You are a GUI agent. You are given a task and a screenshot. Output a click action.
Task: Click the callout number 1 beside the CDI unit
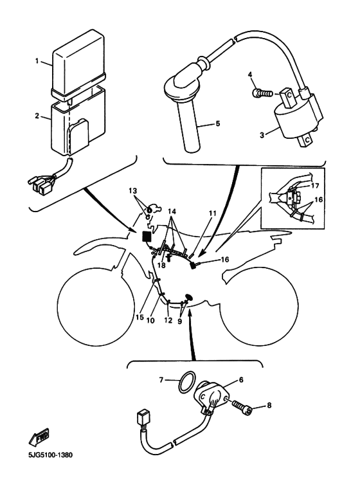[37, 61]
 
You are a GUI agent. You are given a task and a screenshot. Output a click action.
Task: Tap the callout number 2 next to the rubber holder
[37, 116]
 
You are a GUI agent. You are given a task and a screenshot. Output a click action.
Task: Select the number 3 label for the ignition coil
[262, 135]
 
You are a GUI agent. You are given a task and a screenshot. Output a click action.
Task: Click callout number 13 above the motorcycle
[133, 191]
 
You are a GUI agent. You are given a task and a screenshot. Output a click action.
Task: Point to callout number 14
[172, 211]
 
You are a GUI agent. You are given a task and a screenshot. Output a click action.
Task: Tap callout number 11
[212, 213]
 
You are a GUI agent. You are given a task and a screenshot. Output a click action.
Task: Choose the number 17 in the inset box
[315, 186]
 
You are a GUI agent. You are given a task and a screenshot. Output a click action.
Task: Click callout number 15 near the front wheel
[139, 317]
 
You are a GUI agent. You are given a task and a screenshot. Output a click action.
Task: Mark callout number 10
[150, 320]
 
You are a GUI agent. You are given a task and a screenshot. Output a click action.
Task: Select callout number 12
[168, 320]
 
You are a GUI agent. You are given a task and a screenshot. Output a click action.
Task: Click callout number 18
[161, 265]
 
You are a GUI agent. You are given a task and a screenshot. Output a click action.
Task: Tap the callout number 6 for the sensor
[241, 380]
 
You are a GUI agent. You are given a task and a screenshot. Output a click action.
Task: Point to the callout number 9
[180, 321]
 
